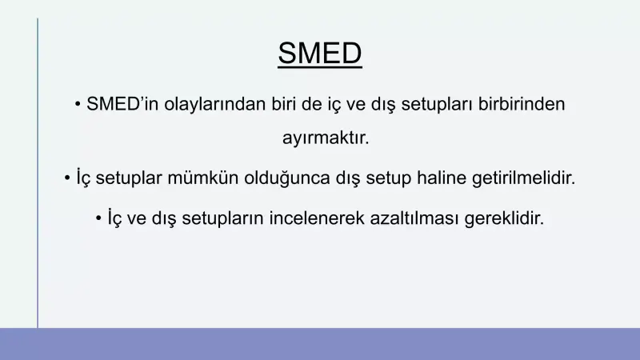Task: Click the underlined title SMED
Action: tap(320, 54)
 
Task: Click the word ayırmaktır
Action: tap(326, 138)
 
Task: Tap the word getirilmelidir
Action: tap(528, 178)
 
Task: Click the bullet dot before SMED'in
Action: tap(78, 105)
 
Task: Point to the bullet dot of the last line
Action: tap(98, 218)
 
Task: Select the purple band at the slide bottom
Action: tap(320, 344)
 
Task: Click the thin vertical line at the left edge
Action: tap(37, 172)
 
